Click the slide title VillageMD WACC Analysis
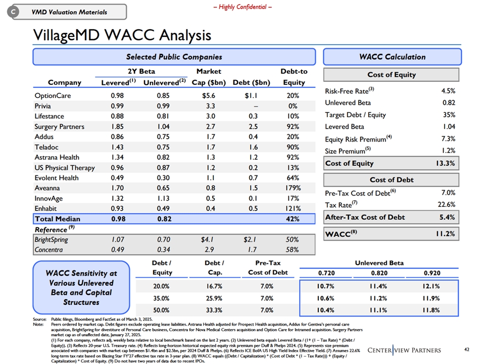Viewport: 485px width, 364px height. [x=122, y=35]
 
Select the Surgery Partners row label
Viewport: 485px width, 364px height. [x=59, y=126]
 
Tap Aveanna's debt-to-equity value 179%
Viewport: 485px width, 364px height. [x=294, y=188]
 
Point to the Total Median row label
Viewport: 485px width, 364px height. [x=57, y=219]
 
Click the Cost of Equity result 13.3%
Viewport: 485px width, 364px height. [x=446, y=163]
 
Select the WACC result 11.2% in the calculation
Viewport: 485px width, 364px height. [x=446, y=234]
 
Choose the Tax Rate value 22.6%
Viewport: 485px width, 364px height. [x=446, y=204]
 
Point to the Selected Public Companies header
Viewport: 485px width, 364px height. [x=174, y=57]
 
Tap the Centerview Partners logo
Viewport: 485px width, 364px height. [x=404, y=350]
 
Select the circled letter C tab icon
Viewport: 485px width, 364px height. [x=15, y=12]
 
